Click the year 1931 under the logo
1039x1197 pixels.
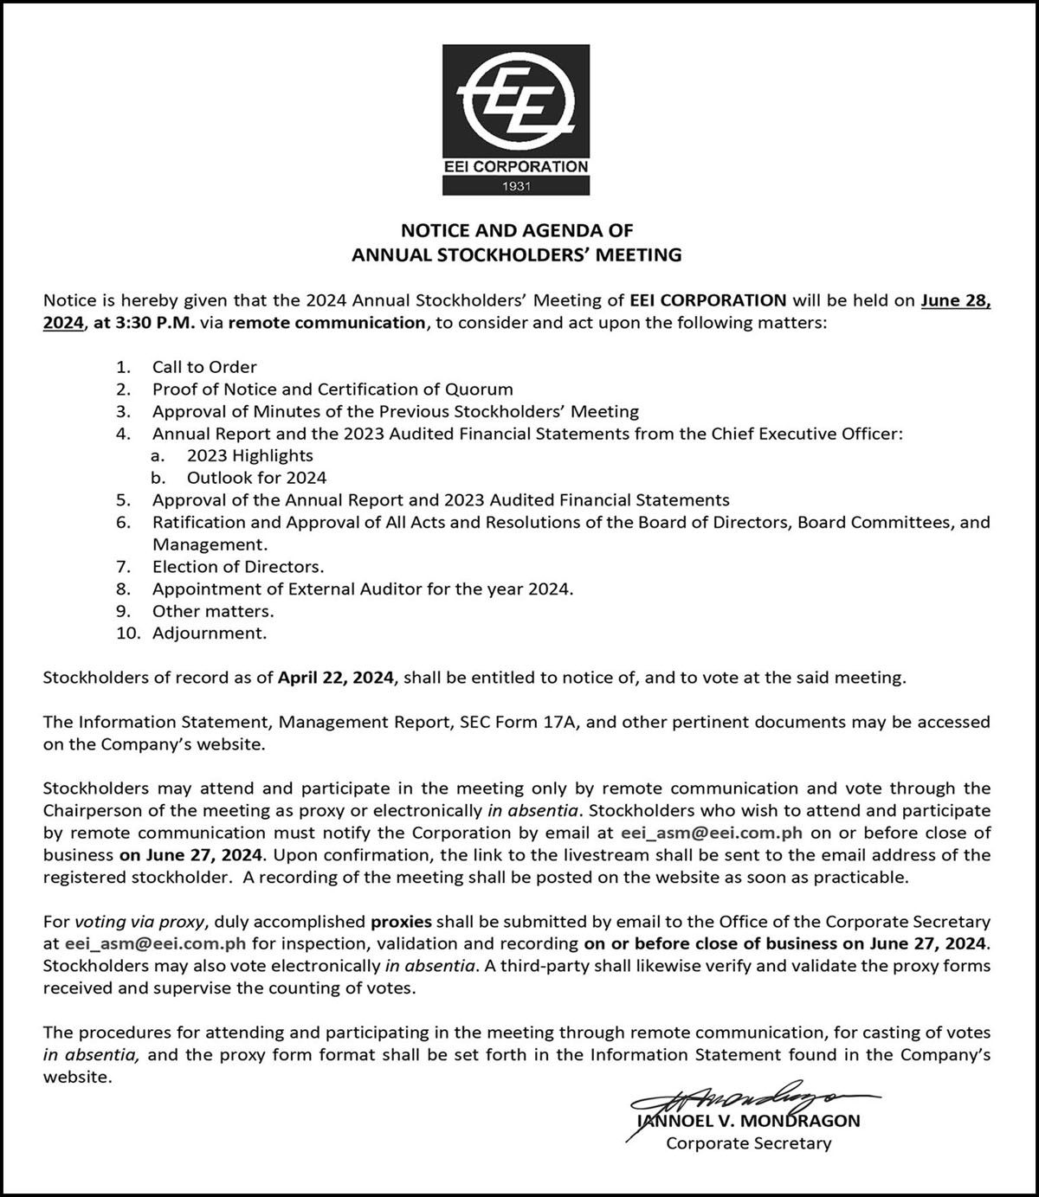516,185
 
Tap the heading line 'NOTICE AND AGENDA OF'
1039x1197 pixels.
516,230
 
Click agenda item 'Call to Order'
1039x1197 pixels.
204,367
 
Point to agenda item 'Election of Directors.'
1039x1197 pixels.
238,567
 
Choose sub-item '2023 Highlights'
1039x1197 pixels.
250,455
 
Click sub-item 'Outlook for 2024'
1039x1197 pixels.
257,478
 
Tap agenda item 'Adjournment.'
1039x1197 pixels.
210,633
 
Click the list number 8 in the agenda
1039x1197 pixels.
124,589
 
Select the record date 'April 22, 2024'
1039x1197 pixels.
336,678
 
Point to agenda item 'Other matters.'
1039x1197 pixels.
213,611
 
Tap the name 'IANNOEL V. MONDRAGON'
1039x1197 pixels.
748,1121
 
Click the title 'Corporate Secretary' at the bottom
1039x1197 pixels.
748,1143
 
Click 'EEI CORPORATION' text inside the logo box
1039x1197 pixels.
516,166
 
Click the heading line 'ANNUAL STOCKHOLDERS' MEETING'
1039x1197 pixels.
516,254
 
